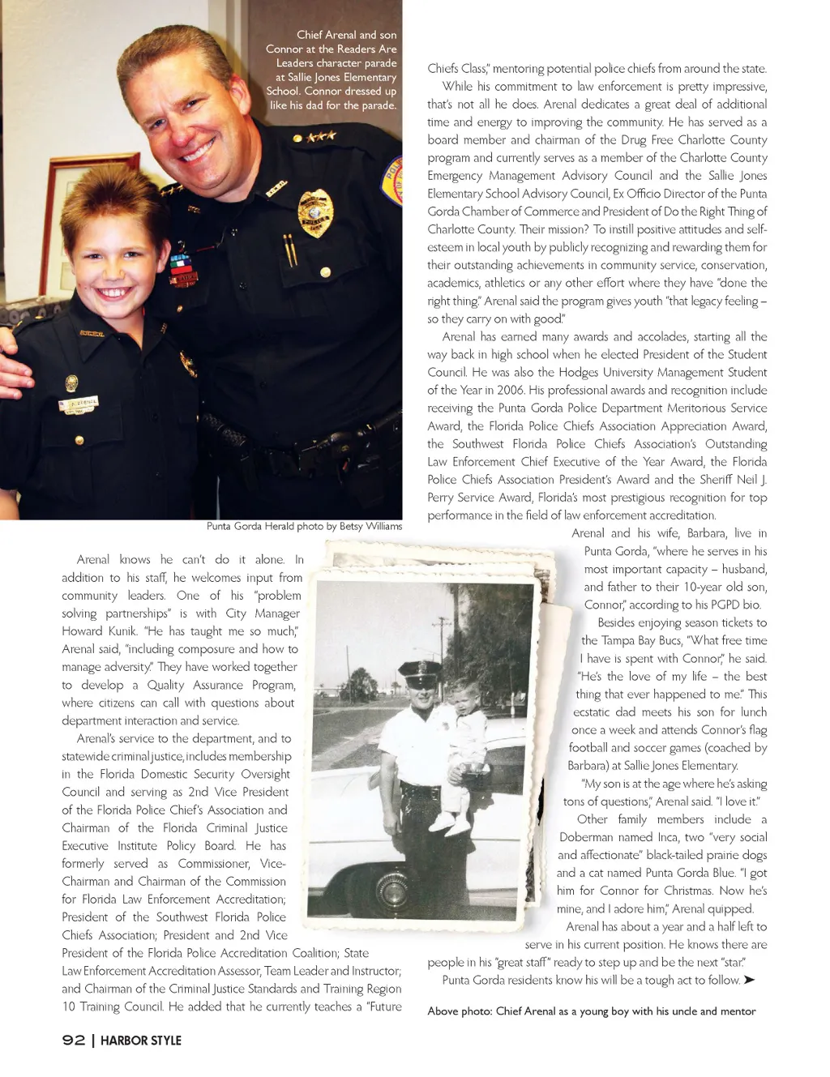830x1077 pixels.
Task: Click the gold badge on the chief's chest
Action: click(315, 213)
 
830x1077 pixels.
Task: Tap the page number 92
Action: click(74, 1040)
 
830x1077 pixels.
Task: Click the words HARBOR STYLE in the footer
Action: click(141, 1041)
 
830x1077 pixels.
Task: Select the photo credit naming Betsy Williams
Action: click(304, 526)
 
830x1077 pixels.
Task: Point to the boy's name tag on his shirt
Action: click(79, 403)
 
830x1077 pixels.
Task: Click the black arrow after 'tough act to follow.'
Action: click(749, 980)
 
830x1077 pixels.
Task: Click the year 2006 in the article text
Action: click(510, 391)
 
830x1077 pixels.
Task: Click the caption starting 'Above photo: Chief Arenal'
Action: click(592, 1011)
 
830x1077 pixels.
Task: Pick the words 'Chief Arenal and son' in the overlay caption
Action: click(346, 35)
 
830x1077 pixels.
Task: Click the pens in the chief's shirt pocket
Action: click(289, 250)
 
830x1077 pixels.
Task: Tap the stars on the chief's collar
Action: click(321, 136)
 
